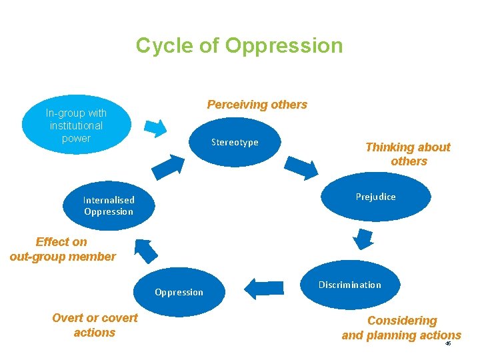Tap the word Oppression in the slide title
pyautogui.click(x=284, y=46)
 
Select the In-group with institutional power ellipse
pyautogui.click(x=76, y=125)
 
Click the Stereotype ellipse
pyautogui.click(x=235, y=142)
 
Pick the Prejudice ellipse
pyautogui.click(x=375, y=197)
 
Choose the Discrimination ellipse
pyautogui.click(x=350, y=285)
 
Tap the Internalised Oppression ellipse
pyautogui.click(x=109, y=205)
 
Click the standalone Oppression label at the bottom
pyautogui.click(x=179, y=292)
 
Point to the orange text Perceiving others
pyautogui.click(x=257, y=105)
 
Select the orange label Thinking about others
pyautogui.click(x=408, y=154)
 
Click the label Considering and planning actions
pyautogui.click(x=401, y=328)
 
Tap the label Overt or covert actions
pyautogui.click(x=95, y=325)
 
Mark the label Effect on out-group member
pyautogui.click(x=63, y=249)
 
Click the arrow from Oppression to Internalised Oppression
pyautogui.click(x=146, y=249)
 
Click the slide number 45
pyautogui.click(x=448, y=343)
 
